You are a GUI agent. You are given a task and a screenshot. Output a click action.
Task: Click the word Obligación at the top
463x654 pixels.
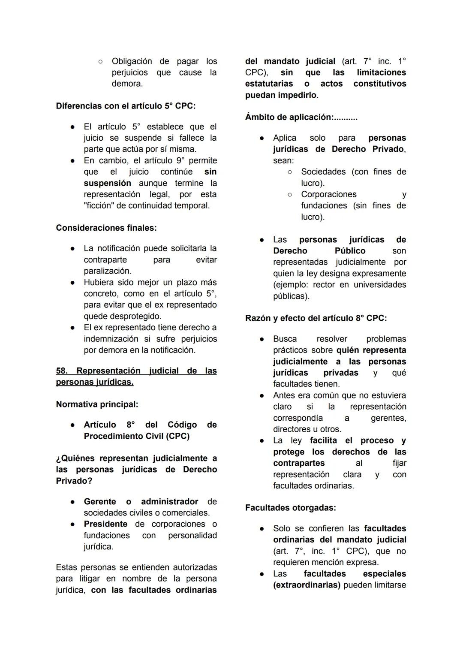click(132, 61)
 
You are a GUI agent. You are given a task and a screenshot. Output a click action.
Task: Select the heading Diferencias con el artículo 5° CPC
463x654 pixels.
click(126, 106)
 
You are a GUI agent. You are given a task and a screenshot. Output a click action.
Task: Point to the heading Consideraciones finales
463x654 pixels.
click(106, 228)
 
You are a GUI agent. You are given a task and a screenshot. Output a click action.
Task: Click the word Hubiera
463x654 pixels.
click(99, 282)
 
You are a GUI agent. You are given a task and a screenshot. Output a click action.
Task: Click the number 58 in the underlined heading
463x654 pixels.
click(62, 371)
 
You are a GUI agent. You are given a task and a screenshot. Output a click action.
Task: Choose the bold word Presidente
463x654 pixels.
click(105, 524)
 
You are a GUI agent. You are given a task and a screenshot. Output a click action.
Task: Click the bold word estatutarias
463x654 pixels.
click(269, 84)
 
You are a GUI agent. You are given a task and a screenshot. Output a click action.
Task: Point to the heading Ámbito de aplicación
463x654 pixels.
click(301, 117)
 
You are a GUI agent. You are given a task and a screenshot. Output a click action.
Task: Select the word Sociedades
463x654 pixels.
click(324, 172)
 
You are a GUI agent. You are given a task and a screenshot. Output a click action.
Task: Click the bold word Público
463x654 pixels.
click(350, 251)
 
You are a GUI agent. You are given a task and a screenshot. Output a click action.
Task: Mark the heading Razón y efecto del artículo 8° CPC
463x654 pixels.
click(316, 318)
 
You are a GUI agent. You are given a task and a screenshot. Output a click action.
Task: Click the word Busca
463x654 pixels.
click(285, 339)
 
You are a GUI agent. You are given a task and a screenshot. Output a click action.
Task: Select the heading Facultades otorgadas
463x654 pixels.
click(291, 508)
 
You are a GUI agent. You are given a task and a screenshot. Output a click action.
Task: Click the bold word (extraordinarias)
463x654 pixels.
click(307, 585)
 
